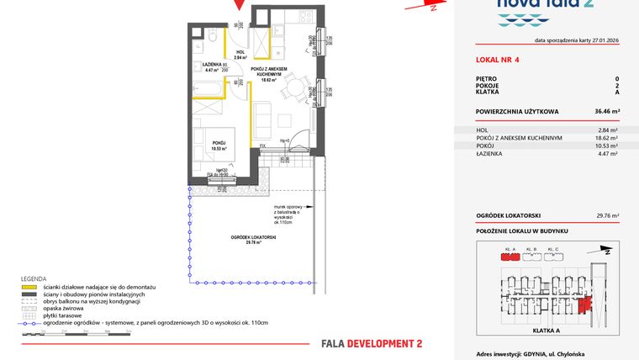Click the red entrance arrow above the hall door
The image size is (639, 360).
[x=240, y=5]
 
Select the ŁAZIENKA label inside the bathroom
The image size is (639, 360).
[x=212, y=64]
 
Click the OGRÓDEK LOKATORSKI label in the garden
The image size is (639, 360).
[x=256, y=238]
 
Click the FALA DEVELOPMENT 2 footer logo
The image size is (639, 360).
[x=372, y=343]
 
